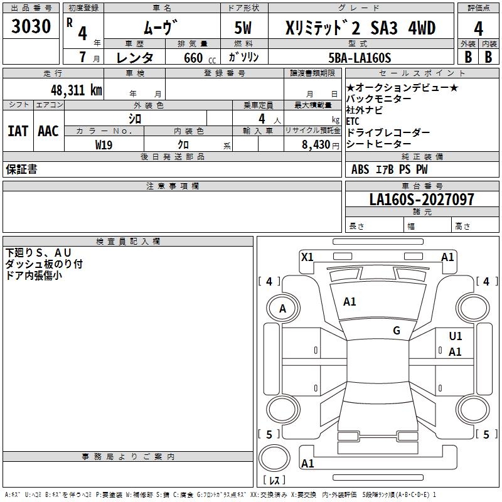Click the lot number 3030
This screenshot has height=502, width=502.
[x=31, y=27]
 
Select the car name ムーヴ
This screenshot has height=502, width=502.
[x=161, y=28]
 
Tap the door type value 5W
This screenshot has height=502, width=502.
[x=244, y=28]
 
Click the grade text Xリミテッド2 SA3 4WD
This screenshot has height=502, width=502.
[x=360, y=28]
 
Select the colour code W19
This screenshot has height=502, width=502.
[x=104, y=144]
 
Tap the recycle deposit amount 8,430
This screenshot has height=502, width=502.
[x=311, y=144]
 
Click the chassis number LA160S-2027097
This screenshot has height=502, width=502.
[x=422, y=200]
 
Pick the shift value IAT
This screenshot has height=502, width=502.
[x=18, y=131]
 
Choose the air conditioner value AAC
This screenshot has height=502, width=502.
[x=48, y=131]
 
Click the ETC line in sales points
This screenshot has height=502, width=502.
[x=353, y=121]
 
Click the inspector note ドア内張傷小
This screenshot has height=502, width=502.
[x=34, y=274]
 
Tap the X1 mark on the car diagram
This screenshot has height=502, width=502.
[x=307, y=257]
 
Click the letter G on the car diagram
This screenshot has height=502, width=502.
[x=397, y=331]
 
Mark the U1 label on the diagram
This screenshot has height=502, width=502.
[x=456, y=336]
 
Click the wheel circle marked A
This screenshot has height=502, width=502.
[x=282, y=308]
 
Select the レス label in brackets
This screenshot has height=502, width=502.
[x=274, y=481]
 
